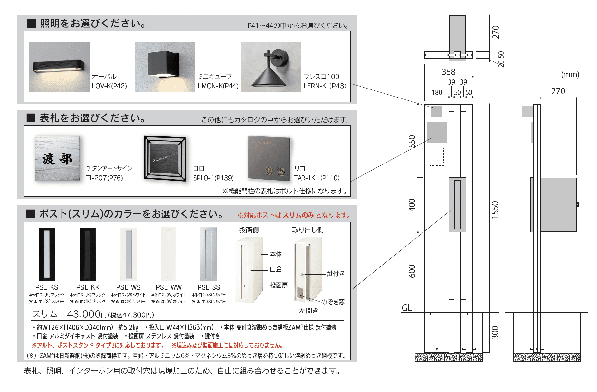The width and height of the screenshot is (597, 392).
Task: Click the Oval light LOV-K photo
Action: (59, 67)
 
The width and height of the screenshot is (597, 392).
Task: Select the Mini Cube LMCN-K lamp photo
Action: (165, 67)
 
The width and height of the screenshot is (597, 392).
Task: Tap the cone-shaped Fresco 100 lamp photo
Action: (271, 67)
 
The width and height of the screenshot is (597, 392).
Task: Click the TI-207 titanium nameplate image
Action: (57, 159)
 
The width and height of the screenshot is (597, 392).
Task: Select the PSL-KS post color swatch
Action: (47, 254)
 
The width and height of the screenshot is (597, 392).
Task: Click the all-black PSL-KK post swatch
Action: (88, 254)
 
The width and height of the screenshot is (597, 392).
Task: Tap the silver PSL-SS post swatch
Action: (208, 254)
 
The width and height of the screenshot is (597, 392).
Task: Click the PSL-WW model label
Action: (168, 287)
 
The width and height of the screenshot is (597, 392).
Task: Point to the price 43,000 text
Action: (84, 314)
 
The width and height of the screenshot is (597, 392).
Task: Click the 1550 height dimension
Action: (495, 210)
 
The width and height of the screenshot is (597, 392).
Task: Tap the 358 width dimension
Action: (449, 72)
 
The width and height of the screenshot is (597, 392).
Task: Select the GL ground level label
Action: (406, 308)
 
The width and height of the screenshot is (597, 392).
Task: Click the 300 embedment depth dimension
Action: (495, 332)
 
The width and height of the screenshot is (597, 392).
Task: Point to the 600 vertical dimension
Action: (412, 271)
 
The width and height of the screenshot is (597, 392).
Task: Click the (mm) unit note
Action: (570, 74)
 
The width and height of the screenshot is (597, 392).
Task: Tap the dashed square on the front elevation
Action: (437, 157)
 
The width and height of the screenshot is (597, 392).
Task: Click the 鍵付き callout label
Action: (336, 274)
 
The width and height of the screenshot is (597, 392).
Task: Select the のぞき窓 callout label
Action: (333, 302)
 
